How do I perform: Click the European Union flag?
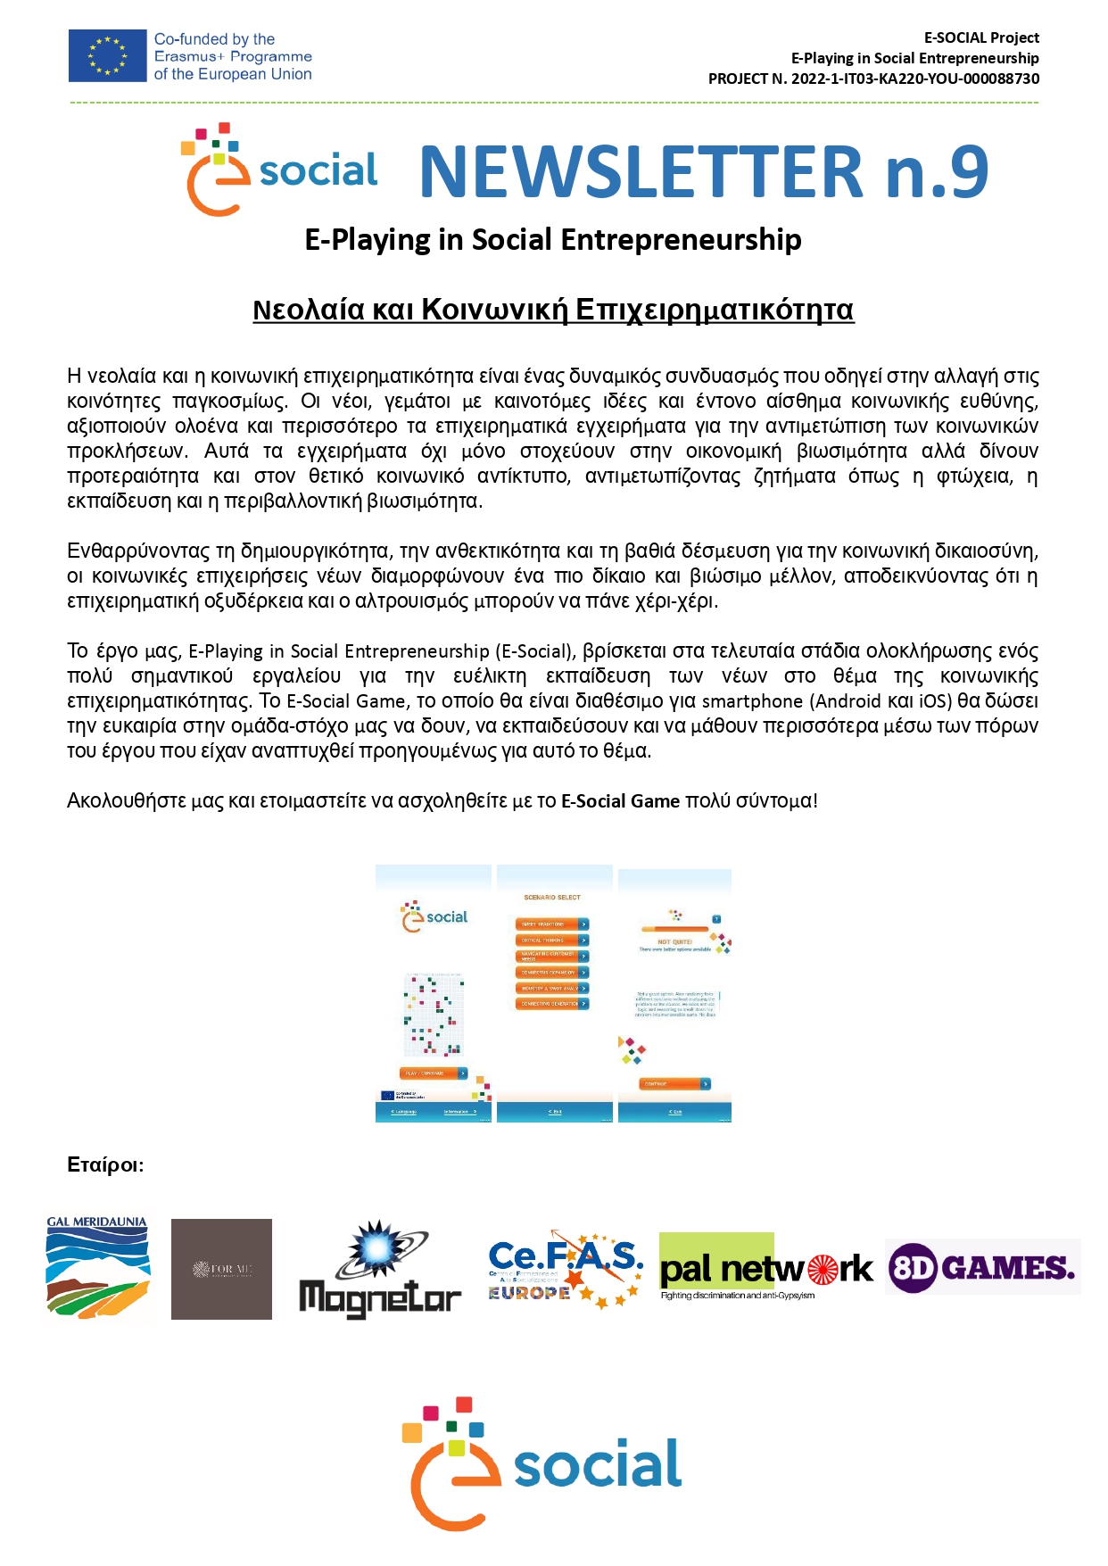click(x=107, y=56)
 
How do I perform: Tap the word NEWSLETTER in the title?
click(x=641, y=171)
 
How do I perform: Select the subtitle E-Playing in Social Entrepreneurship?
click(x=553, y=240)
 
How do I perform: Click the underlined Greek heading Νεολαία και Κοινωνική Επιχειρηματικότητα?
click(x=553, y=310)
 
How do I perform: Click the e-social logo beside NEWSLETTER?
click(x=278, y=170)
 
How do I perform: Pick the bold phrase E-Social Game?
click(x=620, y=800)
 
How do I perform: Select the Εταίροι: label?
click(x=105, y=1164)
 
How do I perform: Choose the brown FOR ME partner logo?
click(x=221, y=1269)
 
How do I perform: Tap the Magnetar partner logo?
click(x=380, y=1269)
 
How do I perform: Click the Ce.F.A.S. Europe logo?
click(x=566, y=1269)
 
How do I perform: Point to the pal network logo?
click(x=765, y=1267)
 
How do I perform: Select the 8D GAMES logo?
click(x=982, y=1267)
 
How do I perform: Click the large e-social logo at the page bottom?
click(x=542, y=1463)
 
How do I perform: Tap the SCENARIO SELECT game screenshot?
click(x=554, y=992)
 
